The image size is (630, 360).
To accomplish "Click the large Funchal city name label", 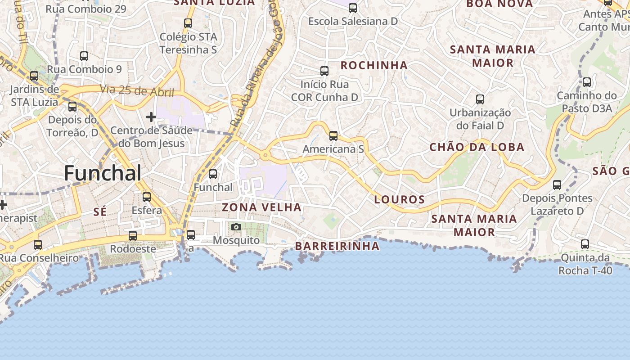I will [103, 173].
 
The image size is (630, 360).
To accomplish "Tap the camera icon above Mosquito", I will [236, 227].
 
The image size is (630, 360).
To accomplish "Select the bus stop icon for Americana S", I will [333, 135].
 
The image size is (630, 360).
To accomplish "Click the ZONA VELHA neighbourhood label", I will [261, 207].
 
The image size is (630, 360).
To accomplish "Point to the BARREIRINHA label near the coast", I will [337, 246].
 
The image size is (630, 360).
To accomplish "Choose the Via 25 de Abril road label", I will [137, 90].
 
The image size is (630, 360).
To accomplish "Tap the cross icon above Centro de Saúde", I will [151, 117].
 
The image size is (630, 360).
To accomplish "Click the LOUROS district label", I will [400, 199].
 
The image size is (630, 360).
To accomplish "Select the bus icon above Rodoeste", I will [133, 235].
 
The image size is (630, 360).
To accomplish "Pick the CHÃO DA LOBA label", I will [477, 147].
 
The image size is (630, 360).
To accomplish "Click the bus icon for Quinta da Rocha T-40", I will [585, 244].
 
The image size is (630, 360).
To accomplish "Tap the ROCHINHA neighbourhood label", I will [374, 65].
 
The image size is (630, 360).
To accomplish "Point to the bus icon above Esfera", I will [147, 197].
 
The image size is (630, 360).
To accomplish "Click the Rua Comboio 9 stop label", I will [84, 69].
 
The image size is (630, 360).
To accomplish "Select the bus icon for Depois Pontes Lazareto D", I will [557, 184].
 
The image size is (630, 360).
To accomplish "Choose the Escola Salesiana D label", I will [353, 21].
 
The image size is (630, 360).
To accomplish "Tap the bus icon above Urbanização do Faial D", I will [480, 99].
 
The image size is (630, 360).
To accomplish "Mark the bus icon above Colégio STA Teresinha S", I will [188, 23].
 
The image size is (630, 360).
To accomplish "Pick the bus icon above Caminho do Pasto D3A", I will [587, 82].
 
